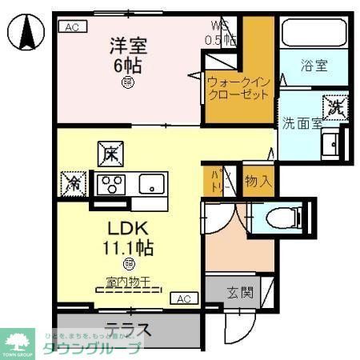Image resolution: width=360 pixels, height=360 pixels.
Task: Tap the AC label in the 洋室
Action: [70, 26]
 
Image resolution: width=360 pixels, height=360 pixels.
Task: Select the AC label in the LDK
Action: [183, 298]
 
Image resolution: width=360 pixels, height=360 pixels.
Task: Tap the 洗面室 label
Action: [301, 124]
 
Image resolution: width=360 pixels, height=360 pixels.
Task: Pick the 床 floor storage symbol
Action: [108, 153]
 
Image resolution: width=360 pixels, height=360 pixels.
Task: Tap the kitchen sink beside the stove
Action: [150, 185]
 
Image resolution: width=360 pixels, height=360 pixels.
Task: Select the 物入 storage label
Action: [258, 181]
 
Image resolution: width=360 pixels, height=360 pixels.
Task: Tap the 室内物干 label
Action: [129, 282]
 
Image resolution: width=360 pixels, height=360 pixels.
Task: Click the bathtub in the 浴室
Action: [314, 34]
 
